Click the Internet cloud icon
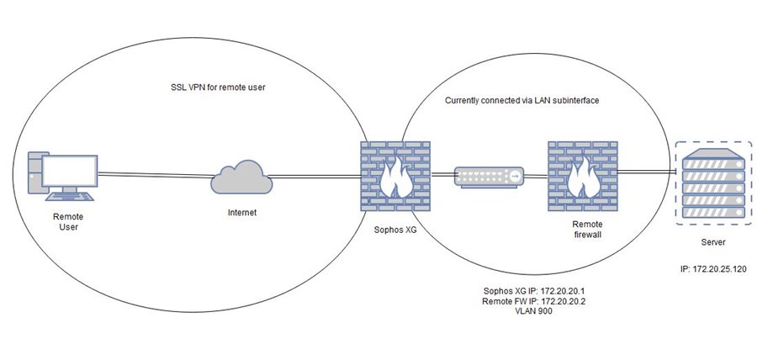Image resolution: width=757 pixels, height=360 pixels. (x=241, y=177)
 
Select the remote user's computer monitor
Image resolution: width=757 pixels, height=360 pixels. (x=70, y=171)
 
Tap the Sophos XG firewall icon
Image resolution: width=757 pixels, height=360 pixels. (x=395, y=176)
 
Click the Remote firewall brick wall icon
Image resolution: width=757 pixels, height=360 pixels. (x=583, y=176)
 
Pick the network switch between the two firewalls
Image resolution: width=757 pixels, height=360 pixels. (x=489, y=177)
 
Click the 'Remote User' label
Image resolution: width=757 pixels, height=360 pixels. (x=69, y=221)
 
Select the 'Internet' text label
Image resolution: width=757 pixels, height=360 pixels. (x=241, y=212)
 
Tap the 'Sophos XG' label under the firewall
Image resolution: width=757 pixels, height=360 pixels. (x=395, y=230)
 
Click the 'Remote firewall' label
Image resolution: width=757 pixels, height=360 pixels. (x=587, y=230)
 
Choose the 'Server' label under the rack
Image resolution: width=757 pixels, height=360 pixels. (x=713, y=241)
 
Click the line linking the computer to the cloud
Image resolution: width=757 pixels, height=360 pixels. (x=155, y=174)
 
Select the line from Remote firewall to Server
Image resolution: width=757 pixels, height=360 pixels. (x=647, y=171)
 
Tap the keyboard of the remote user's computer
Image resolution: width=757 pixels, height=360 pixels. (x=70, y=196)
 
